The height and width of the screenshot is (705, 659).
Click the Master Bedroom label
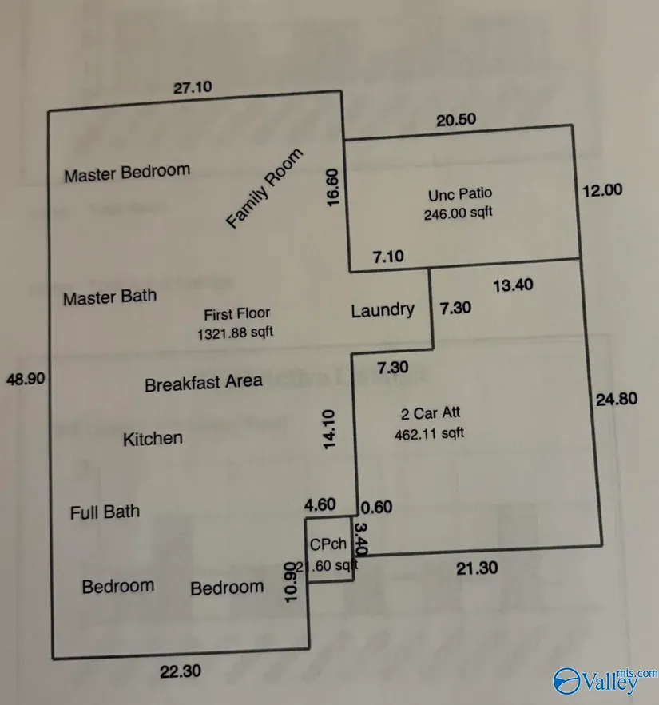(x=127, y=172)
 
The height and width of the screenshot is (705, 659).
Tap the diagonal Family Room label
(x=265, y=189)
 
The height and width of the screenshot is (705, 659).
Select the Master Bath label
(x=109, y=297)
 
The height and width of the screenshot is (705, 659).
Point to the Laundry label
(x=383, y=310)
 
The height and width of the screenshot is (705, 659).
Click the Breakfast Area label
(x=203, y=383)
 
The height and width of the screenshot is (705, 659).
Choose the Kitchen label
(x=153, y=438)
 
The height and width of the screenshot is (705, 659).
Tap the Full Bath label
(x=105, y=512)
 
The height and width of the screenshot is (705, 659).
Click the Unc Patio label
(x=459, y=193)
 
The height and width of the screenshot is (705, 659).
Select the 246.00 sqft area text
(x=459, y=213)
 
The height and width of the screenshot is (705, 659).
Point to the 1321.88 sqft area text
(x=236, y=332)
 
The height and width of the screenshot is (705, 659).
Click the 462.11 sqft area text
(x=429, y=434)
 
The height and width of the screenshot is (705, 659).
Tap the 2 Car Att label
(x=430, y=414)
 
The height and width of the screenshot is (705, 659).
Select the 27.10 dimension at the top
(x=193, y=87)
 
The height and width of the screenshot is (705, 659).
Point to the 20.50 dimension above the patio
(x=456, y=120)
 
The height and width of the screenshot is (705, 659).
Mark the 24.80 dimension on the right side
(x=617, y=399)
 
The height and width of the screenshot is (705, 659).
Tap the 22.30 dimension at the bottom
(x=180, y=671)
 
